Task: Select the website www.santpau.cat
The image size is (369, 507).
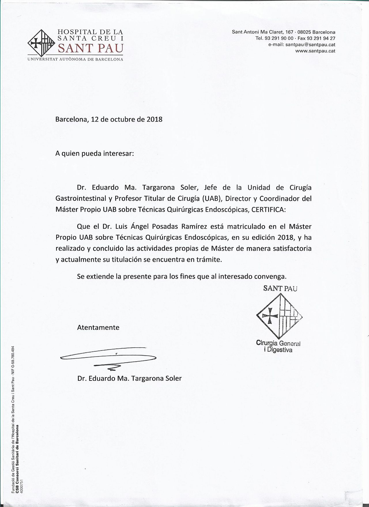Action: [x=315, y=51]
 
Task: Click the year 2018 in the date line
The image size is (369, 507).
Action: [x=155, y=119]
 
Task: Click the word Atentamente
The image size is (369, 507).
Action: [x=98, y=327]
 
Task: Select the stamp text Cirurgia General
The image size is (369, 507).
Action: [x=278, y=343]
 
